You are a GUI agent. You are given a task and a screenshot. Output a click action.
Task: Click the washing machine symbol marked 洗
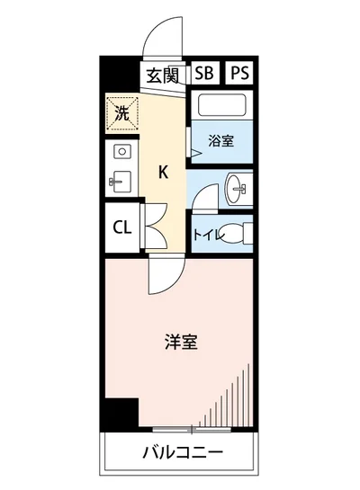(x=121, y=112)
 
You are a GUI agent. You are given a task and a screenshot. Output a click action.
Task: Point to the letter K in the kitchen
(x=164, y=173)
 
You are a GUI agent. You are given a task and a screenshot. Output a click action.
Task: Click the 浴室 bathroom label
(x=220, y=140)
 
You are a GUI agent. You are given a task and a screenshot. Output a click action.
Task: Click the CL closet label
(x=121, y=227)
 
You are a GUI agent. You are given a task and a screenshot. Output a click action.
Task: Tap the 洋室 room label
(x=181, y=342)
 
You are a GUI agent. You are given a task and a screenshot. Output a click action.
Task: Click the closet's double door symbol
(x=150, y=227)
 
